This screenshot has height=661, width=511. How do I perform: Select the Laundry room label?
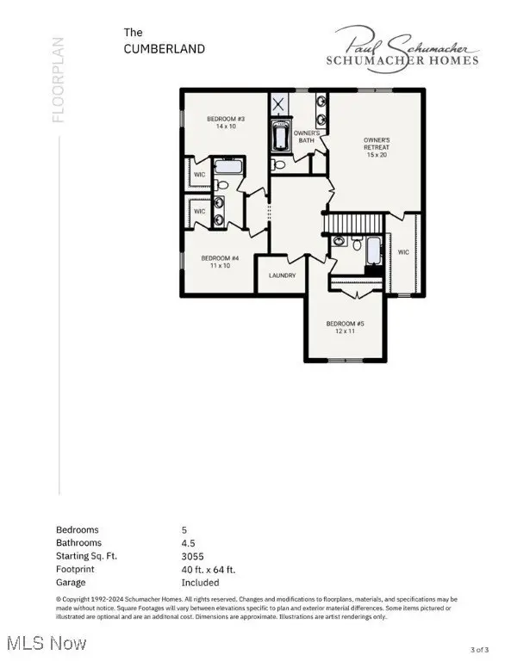click(282, 275)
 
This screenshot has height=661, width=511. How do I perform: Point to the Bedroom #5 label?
click(341, 327)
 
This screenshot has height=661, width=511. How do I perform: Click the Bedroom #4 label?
click(220, 262)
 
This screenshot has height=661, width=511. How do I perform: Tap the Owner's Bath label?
click(308, 137)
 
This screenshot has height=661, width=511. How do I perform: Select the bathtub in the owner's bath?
click(282, 136)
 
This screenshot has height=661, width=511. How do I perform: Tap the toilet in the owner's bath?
click(277, 164)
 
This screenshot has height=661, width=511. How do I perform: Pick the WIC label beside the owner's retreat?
click(403, 252)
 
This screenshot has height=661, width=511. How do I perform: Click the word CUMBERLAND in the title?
click(165, 49)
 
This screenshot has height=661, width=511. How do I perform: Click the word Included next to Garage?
click(200, 582)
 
